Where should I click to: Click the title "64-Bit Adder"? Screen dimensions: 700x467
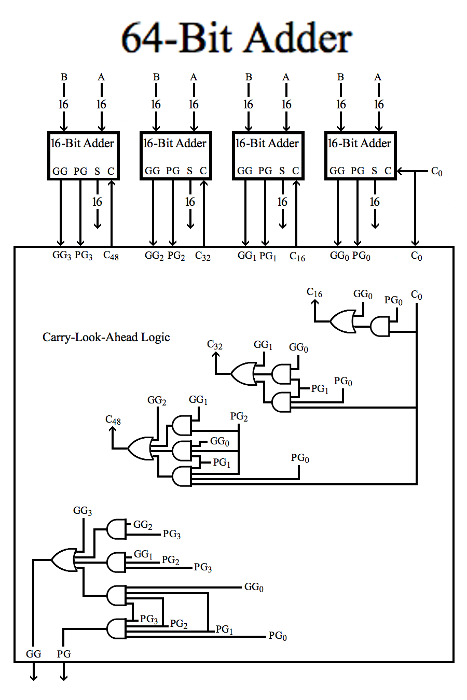tap(237, 37)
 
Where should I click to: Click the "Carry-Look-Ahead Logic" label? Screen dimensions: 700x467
tap(106, 337)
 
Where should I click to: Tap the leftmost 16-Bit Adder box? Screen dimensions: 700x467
tap(83, 156)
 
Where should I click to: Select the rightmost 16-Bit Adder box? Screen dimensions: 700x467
tap(360, 156)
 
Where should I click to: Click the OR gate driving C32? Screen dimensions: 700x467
tap(243, 374)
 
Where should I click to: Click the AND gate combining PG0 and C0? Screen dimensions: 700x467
tap(380, 327)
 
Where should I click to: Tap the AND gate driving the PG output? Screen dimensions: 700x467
tap(116, 629)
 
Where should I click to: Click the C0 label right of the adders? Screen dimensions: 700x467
tap(437, 172)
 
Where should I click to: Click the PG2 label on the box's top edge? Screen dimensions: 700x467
tap(176, 256)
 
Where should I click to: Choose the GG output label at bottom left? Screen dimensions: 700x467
tap(33, 654)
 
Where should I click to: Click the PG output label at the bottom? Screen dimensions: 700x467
tap(64, 654)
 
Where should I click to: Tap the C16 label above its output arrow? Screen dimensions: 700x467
tap(314, 292)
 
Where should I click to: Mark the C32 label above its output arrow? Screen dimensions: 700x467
tap(215, 345)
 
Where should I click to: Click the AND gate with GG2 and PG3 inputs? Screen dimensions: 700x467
tap(116, 529)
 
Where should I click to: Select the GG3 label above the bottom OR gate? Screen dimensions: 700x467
tap(83, 511)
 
